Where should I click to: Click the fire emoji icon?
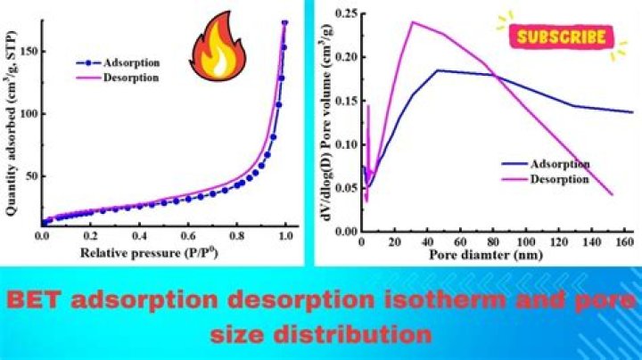point(212,52)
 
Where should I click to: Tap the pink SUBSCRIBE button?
point(562,37)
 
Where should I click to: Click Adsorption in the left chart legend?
point(131,63)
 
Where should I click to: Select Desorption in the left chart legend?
point(132,78)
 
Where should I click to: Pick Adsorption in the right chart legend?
point(559,164)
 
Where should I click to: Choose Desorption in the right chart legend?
point(559,178)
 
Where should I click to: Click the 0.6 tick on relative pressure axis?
point(187,238)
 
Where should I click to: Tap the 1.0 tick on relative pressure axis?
point(284,238)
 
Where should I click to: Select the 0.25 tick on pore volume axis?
point(342,13)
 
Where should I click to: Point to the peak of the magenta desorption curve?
point(412,21)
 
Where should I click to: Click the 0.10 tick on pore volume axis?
point(342,144)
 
